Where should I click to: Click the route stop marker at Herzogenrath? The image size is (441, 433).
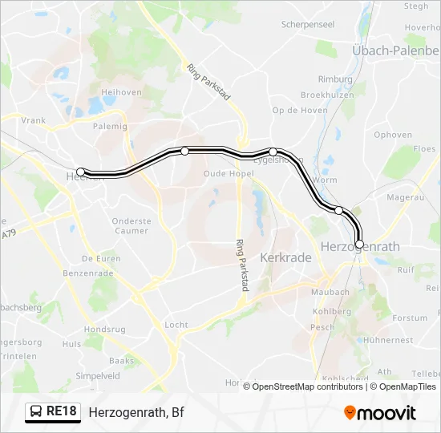point(359,244)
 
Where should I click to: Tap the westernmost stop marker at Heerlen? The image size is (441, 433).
point(80,172)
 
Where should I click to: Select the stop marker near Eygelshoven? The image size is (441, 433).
point(273,152)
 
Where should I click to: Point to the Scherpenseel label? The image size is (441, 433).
point(308,25)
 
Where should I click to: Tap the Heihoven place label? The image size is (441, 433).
point(121,92)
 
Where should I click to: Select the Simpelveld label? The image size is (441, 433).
point(97,375)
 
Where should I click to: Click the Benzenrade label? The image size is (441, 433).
point(88,273)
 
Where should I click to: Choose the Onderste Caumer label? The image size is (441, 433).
point(131,226)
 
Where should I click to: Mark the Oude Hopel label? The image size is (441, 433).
point(229,173)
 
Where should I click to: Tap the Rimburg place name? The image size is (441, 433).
point(335,79)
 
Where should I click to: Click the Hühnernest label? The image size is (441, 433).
point(388,340)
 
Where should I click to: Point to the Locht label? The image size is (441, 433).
point(176,326)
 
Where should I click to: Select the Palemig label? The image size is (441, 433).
point(110,126)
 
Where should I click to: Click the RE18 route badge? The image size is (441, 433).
point(54,412)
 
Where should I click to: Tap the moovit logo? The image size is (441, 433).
point(380,413)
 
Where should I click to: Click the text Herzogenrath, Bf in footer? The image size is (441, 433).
point(136,412)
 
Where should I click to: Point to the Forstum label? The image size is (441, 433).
point(410,318)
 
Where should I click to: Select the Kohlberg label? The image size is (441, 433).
point(331,311)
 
